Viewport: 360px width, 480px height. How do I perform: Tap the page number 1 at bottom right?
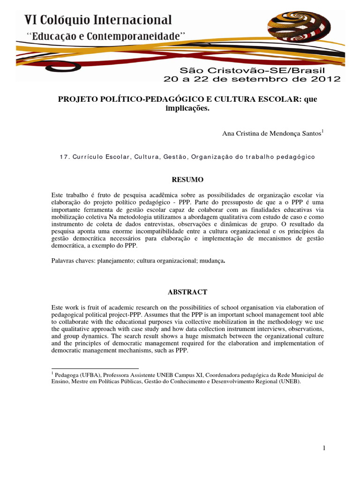(x=323, y=449)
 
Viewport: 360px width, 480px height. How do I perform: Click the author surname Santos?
(x=309, y=134)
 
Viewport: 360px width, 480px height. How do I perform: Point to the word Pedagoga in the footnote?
(x=67, y=375)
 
